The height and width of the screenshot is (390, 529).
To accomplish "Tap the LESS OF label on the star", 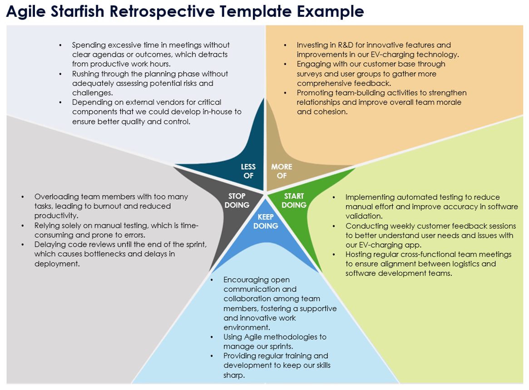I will pyautogui.click(x=248, y=171).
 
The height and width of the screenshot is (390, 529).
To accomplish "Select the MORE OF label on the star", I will pyautogui.click(x=282, y=171).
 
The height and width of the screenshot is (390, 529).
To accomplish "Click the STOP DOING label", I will pyautogui.click(x=237, y=200).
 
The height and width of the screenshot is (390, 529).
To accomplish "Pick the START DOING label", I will pyautogui.click(x=294, y=200).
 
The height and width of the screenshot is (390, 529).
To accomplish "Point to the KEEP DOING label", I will pyautogui.click(x=266, y=221).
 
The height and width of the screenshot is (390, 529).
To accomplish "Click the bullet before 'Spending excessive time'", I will pyautogui.click(x=60, y=45).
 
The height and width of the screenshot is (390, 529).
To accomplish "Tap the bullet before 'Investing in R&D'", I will pyautogui.click(x=285, y=45).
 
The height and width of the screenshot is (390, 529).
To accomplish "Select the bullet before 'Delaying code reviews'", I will pyautogui.click(x=23, y=245).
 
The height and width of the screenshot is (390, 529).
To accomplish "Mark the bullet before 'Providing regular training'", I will pyautogui.click(x=212, y=356).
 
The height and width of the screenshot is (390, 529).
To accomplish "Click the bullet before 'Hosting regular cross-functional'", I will pyautogui.click(x=334, y=255).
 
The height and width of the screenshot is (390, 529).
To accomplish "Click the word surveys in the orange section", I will pyautogui.click(x=309, y=74).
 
